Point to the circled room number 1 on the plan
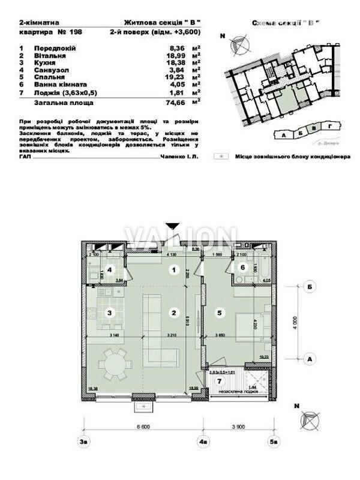tap(173, 270)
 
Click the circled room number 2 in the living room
tap(173, 312)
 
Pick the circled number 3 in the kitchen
tap(109, 312)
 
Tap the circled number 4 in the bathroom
tap(110, 269)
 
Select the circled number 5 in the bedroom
tap(220, 312)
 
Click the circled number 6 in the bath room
tap(242, 268)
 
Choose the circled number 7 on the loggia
tap(220, 380)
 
